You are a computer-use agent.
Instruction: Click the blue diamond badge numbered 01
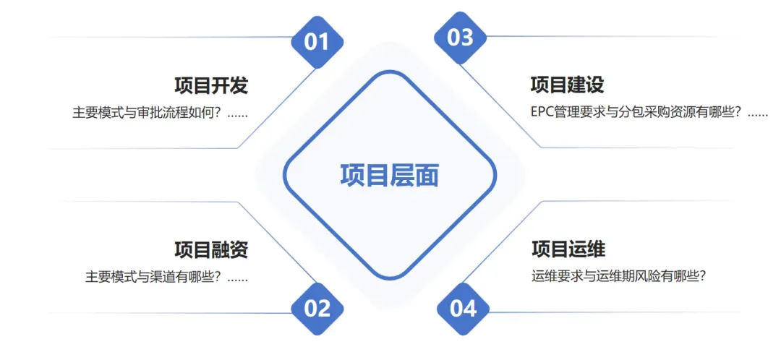(316, 41)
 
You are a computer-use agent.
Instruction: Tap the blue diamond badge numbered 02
(317, 309)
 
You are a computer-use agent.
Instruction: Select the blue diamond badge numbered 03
(460, 38)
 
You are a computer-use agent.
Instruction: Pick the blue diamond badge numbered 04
(463, 309)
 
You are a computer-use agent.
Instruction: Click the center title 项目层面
(390, 176)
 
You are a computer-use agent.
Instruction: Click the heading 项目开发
(211, 86)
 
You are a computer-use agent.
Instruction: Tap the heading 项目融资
(211, 250)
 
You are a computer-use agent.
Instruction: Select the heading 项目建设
(567, 85)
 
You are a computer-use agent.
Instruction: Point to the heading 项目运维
(568, 249)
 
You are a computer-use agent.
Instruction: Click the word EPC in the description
(543, 113)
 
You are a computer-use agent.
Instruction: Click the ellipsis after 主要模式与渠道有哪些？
(237, 278)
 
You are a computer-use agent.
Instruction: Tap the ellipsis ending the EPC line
(757, 114)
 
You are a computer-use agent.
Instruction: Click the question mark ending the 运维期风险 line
(700, 276)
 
